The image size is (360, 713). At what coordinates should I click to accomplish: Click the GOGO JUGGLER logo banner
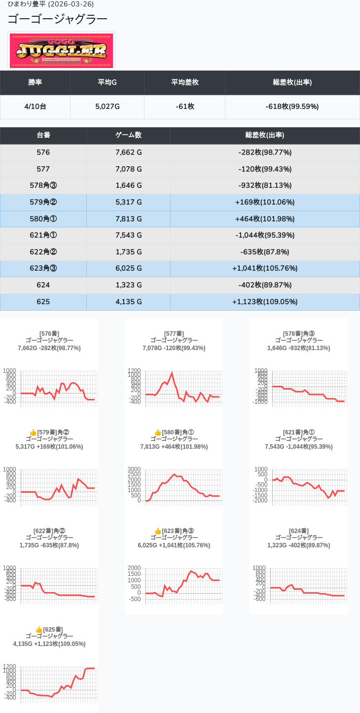point(62,51)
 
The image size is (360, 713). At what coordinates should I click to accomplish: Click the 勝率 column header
point(35,82)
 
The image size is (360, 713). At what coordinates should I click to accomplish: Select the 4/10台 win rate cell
point(35,107)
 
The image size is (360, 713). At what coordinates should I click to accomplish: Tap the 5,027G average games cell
point(108,107)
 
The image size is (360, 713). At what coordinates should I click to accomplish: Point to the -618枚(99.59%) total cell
point(292,107)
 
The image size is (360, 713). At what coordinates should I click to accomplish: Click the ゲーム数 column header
point(128,135)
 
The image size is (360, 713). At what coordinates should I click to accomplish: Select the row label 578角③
point(43,185)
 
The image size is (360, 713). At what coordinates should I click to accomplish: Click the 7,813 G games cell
point(128,218)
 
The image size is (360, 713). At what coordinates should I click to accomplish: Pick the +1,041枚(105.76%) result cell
point(265,268)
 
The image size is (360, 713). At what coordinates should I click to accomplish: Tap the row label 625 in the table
point(43,301)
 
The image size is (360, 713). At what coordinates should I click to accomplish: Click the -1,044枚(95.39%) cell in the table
point(265,235)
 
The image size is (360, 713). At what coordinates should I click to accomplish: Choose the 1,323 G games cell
point(128,285)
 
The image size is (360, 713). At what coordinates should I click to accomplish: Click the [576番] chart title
point(49,334)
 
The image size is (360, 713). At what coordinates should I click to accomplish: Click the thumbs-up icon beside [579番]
point(33,432)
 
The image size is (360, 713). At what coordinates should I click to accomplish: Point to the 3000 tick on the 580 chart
point(135,469)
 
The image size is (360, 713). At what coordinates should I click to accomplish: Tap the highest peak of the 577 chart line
point(172,373)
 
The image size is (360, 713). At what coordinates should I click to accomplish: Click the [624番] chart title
point(299,531)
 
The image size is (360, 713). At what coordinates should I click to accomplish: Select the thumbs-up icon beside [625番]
point(39,630)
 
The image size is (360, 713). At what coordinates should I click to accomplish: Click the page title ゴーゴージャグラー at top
point(57,19)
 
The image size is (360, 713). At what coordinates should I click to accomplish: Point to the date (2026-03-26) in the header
point(71,4)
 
